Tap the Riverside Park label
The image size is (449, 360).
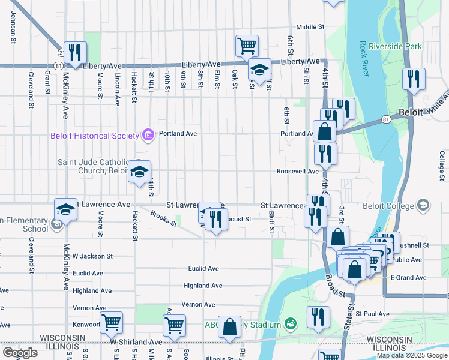[x=395, y=46]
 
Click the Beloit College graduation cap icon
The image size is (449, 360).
[x=423, y=206]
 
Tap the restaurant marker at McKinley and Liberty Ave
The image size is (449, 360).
[x=76, y=52]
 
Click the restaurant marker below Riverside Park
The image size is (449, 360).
[x=414, y=79]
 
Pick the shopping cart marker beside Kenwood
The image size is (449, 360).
[x=111, y=322]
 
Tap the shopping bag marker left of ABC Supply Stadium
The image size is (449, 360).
[x=229, y=327]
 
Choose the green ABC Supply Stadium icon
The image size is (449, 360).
[x=291, y=325]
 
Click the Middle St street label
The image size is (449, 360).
[x=310, y=27]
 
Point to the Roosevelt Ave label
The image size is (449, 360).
[x=297, y=171]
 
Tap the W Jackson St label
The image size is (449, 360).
[x=92, y=256]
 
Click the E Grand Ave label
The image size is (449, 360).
[x=408, y=278]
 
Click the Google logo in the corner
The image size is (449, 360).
[x=20, y=353]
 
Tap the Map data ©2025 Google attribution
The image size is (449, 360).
[x=411, y=355]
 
